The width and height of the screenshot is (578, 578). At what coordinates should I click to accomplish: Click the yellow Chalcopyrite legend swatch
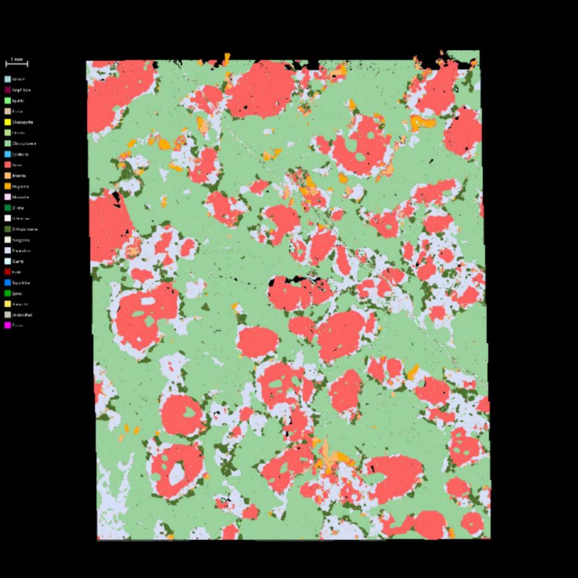[x=8, y=122]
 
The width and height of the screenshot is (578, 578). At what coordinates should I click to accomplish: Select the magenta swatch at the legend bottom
[x=8, y=325]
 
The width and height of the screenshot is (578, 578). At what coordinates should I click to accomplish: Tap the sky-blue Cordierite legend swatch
[x=8, y=154]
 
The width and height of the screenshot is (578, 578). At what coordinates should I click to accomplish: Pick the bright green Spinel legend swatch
[x=8, y=293]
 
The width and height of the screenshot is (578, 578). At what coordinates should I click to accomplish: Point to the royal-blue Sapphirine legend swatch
[x=8, y=282]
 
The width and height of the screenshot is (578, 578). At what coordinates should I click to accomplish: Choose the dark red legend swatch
[x=8, y=272]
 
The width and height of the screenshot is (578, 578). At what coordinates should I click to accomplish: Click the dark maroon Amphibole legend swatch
[x=8, y=90]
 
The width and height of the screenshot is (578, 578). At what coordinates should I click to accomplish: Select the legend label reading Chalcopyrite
[x=23, y=122]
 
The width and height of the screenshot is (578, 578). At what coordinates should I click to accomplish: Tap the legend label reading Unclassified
[x=22, y=314]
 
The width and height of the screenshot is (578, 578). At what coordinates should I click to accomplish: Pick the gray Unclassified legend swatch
[x=8, y=314]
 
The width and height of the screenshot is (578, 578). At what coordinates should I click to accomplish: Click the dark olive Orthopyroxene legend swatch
[x=8, y=229]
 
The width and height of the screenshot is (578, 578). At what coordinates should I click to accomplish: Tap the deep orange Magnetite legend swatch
[x=8, y=186]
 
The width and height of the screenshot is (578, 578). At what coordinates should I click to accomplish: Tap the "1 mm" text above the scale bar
[x=16, y=59]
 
